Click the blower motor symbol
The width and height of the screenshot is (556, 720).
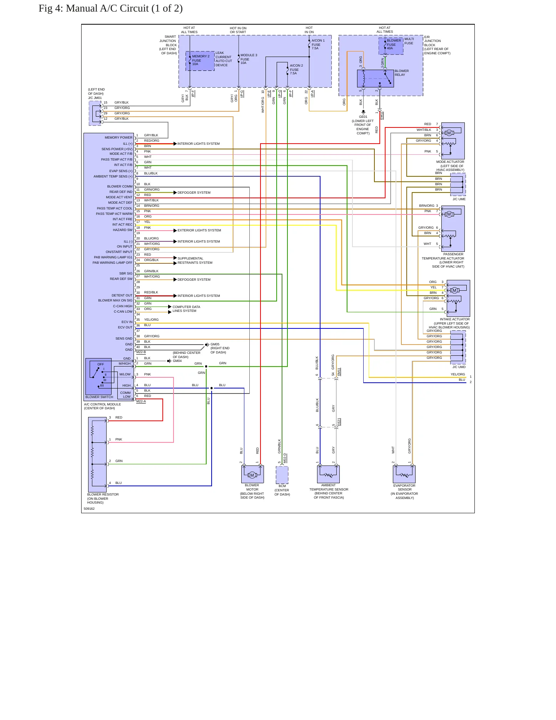(x=252, y=474)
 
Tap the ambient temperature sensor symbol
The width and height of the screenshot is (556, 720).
(x=328, y=474)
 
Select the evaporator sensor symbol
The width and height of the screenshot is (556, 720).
(x=404, y=474)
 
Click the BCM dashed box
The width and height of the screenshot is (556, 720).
(x=282, y=475)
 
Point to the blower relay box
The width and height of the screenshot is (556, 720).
(x=375, y=79)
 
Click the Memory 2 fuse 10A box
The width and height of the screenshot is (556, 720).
(x=200, y=61)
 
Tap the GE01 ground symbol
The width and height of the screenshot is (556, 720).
(x=363, y=112)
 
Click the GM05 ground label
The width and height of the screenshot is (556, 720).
(x=215, y=344)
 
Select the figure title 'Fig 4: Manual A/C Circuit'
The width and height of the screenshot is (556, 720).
(x=110, y=8)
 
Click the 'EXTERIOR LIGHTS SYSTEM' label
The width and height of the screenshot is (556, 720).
(x=199, y=230)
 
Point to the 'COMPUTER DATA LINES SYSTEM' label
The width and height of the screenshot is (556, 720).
(x=186, y=309)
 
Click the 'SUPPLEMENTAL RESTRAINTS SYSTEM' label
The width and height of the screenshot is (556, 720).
(x=195, y=261)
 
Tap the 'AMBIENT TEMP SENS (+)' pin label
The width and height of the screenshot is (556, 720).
(x=113, y=176)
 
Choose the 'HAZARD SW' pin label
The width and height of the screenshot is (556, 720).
(x=122, y=230)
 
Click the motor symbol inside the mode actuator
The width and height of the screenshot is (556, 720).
(x=449, y=133)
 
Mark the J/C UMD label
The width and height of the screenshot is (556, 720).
(x=459, y=367)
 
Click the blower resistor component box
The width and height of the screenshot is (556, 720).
(x=97, y=454)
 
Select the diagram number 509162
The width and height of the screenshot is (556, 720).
(x=89, y=509)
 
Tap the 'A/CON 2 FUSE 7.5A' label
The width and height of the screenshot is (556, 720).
(x=296, y=69)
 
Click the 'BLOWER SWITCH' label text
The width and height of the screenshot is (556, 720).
(x=99, y=397)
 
